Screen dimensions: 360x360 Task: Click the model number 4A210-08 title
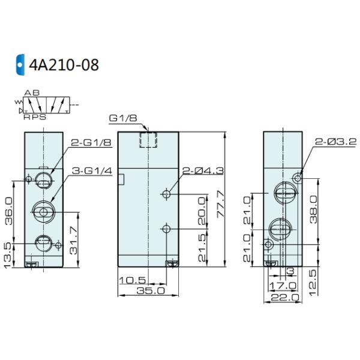tap(64, 65)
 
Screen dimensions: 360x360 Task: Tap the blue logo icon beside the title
tap(20, 65)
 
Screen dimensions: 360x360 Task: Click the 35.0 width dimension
tap(151, 291)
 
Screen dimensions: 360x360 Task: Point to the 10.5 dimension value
tap(133, 280)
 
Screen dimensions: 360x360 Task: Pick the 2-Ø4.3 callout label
tap(203, 171)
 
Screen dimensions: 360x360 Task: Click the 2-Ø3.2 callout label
tap(335, 142)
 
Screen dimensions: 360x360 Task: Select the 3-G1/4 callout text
tap(92, 171)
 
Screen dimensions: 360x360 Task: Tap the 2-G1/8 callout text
tap(91, 143)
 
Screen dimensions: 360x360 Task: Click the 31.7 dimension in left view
tap(74, 241)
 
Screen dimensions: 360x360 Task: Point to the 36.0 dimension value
tap(9, 211)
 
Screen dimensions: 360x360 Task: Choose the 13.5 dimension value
tap(7, 256)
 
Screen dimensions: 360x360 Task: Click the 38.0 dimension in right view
tap(313, 209)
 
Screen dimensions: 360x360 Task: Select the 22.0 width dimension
tap(285, 298)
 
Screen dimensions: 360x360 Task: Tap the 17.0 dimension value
tap(283, 286)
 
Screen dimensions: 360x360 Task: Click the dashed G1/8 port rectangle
tap(148, 140)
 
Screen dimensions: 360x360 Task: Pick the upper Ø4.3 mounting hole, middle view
tap(166, 194)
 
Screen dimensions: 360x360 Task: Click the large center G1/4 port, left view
tap(43, 212)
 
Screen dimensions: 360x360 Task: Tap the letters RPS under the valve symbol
tap(35, 117)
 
